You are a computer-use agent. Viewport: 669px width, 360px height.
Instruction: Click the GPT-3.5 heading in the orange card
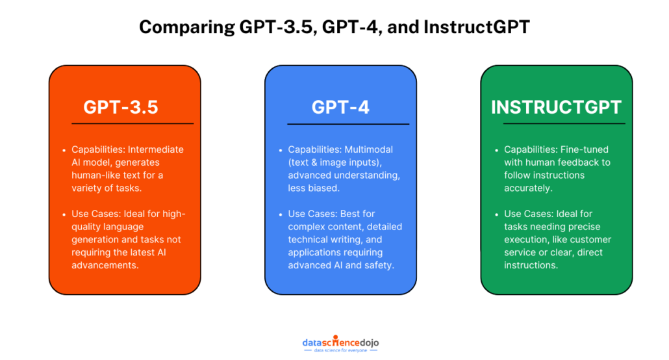coord(120,107)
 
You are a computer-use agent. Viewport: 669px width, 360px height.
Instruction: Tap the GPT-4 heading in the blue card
coord(340,107)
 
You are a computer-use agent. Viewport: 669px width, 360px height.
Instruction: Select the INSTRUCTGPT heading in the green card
coord(556,107)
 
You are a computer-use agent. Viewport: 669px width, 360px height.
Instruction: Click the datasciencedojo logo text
coord(334,342)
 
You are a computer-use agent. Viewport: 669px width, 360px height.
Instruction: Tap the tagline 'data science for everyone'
coord(334,351)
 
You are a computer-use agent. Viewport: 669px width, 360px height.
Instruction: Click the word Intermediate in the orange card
coord(155,149)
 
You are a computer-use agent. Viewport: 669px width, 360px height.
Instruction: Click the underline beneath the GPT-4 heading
coord(348,123)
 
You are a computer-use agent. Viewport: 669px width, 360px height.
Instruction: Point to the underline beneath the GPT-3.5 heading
coord(133,123)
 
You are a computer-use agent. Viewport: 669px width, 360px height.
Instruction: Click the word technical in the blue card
coord(309,239)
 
